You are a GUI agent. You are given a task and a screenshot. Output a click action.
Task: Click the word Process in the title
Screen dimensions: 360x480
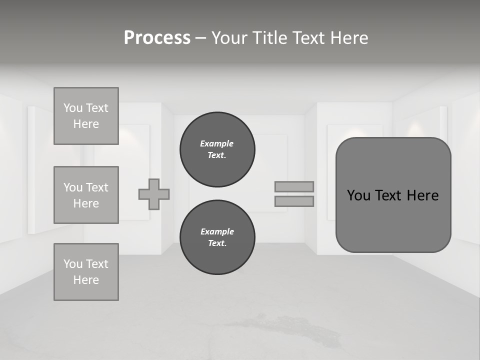point(157,38)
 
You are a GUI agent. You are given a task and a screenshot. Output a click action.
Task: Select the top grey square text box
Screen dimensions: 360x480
point(86,116)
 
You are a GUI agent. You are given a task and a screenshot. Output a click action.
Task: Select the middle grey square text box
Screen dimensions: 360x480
point(86,195)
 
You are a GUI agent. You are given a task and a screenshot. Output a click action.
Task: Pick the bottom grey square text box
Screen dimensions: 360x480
point(86,272)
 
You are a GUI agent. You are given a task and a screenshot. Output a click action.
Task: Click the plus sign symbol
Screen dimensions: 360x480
point(154,194)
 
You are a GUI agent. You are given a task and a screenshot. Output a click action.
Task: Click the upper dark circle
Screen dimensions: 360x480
point(217,149)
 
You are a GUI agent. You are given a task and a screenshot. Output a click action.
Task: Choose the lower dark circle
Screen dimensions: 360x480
point(217,237)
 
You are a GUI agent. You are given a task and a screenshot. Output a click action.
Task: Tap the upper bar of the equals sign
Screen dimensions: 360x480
point(294,186)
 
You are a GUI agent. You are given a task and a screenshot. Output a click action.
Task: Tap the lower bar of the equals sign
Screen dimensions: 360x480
point(294,201)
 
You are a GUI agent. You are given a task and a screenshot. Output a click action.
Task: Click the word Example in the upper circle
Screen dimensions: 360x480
point(216,143)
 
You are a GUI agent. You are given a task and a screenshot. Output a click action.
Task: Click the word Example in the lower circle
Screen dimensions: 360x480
point(217,231)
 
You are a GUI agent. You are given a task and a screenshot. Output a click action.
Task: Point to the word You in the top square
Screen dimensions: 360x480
point(72,108)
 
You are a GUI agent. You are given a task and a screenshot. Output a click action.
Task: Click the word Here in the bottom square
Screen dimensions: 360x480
point(86,280)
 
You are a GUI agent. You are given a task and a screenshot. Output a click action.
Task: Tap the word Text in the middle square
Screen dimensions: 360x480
point(96,187)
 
